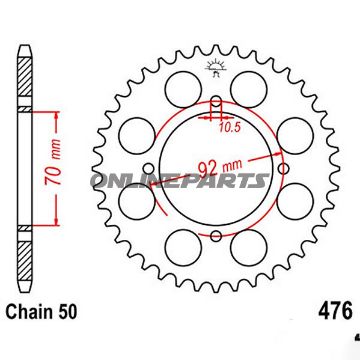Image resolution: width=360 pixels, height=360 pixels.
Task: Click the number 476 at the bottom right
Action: [x=334, y=339]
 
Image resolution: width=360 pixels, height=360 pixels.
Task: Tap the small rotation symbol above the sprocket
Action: [x=215, y=69]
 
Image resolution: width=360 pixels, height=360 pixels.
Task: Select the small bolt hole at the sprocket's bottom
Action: [x=216, y=262]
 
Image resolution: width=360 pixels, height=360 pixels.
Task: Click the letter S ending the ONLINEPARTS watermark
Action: [x=262, y=180]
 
